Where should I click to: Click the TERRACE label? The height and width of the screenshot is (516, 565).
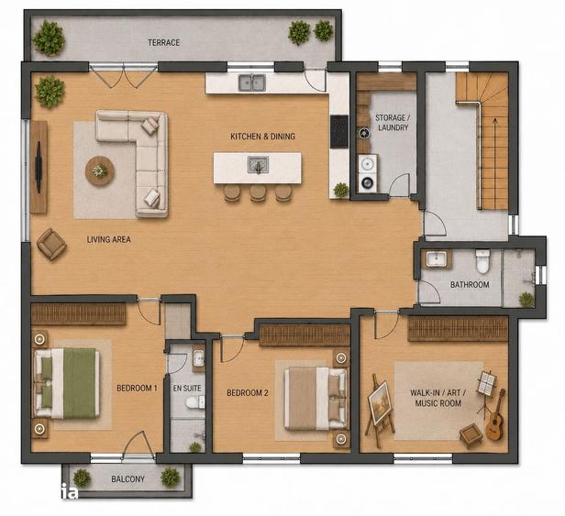pyautogui.click(x=163, y=42)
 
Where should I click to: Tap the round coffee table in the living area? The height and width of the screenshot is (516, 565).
pyautogui.click(x=100, y=171)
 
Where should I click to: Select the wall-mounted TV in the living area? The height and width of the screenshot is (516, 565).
pyautogui.click(x=39, y=167)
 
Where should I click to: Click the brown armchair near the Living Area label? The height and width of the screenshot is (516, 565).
pyautogui.click(x=51, y=244)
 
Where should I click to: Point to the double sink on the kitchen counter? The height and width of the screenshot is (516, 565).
pyautogui.click(x=252, y=82)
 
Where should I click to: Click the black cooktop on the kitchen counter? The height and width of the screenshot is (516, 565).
pyautogui.click(x=339, y=131)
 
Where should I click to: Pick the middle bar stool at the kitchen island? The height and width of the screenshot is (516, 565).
pyautogui.click(x=258, y=192)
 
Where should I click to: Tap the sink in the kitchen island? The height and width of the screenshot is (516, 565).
pyautogui.click(x=258, y=165)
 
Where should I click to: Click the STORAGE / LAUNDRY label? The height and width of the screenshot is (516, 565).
pyautogui.click(x=393, y=123)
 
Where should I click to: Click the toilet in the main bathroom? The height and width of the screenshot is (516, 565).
pyautogui.click(x=482, y=261)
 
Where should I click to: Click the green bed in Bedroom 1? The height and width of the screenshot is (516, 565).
pyautogui.click(x=67, y=383)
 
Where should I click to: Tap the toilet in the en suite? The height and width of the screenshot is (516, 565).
pyautogui.click(x=195, y=402)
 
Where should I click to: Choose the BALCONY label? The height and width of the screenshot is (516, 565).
pyautogui.click(x=127, y=479)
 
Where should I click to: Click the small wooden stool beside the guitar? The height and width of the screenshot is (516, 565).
pyautogui.click(x=471, y=435)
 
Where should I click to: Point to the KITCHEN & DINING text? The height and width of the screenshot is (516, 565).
pyautogui.click(x=262, y=137)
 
